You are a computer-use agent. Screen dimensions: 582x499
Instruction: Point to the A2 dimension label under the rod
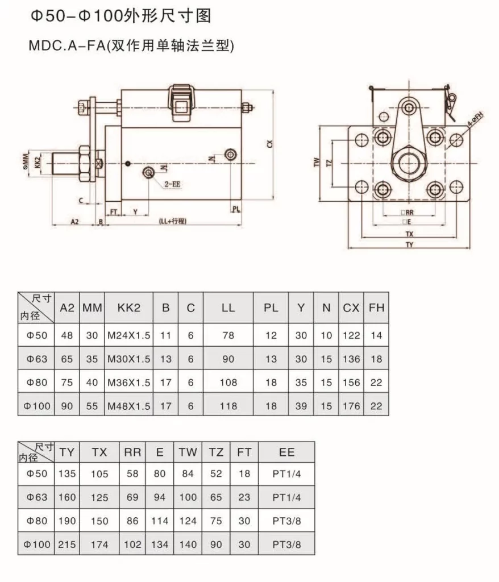point(74,221)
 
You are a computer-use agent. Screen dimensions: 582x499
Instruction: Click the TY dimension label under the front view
point(409,245)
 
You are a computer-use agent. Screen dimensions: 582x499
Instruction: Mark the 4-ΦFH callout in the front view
point(476,120)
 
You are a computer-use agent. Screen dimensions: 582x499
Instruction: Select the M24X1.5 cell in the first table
point(129,335)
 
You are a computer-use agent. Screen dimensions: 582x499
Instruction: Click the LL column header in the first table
point(228,308)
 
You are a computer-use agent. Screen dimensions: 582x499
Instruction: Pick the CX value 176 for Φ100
point(351,406)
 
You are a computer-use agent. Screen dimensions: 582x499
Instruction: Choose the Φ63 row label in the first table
point(36,359)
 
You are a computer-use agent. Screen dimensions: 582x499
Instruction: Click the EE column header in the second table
point(286,452)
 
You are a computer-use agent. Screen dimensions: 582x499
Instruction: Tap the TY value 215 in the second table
point(67,544)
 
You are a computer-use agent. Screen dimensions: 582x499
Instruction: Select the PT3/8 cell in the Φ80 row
point(286,521)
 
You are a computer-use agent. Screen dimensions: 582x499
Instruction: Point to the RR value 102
point(132,544)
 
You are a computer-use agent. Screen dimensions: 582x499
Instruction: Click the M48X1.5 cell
point(129,406)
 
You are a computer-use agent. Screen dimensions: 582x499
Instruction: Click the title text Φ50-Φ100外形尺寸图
point(120,16)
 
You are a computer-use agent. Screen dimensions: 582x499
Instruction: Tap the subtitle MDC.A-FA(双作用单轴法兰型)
point(131,45)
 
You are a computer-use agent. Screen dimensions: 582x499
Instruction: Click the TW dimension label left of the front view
point(317,163)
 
